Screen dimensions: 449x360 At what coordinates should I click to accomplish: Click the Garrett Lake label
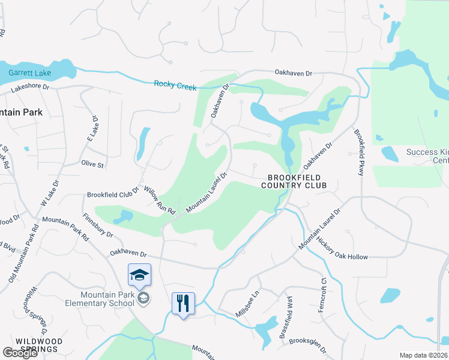(30, 73)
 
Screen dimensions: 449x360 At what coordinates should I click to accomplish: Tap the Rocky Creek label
(175, 85)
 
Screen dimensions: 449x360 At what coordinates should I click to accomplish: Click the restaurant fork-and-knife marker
(183, 303)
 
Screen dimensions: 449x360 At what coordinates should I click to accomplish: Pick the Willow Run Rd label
(159, 200)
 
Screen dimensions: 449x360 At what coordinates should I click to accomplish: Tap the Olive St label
(92, 164)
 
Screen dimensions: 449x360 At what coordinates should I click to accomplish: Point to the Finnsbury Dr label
(98, 223)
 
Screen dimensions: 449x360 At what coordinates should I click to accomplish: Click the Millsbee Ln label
(247, 305)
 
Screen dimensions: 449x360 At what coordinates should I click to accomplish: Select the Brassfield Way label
(286, 317)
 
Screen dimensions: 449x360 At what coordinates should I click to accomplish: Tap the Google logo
(20, 353)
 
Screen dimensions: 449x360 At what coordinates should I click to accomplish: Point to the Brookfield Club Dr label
(113, 194)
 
